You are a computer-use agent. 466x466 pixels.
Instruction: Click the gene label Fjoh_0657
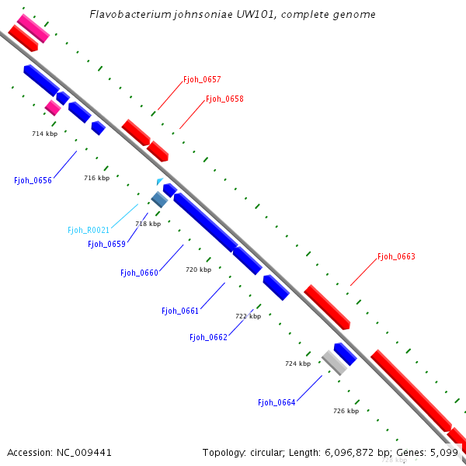coord(202,80)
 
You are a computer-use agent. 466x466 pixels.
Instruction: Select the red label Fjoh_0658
coord(224,99)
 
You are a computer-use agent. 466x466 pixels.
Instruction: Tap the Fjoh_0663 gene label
coord(396,256)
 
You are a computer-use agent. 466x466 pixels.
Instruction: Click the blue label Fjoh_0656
coord(33,180)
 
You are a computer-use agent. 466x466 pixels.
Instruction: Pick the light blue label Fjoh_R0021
coord(89,230)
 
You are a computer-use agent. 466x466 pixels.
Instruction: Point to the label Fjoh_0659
coord(106,244)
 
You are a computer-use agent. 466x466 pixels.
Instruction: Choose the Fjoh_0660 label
coord(139,273)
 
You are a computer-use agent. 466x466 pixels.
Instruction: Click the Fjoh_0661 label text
coord(180,311)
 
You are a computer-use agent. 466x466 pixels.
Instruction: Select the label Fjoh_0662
coord(208,337)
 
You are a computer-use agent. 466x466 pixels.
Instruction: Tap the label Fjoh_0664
coord(276,402)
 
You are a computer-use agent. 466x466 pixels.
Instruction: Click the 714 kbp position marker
coord(44,134)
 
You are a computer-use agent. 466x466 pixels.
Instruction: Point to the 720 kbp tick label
coord(198,270)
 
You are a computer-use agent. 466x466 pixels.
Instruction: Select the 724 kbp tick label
coord(297,363)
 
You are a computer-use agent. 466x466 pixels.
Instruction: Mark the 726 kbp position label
coord(346,411)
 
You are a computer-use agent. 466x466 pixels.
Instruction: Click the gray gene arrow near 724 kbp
coord(334,362)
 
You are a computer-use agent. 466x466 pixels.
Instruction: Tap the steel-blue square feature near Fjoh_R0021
coord(159,200)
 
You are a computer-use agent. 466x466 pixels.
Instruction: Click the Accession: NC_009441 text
coord(59,452)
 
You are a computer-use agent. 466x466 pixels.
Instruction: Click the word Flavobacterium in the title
coord(128,15)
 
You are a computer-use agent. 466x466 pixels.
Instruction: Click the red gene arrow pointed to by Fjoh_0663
coord(326,306)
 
